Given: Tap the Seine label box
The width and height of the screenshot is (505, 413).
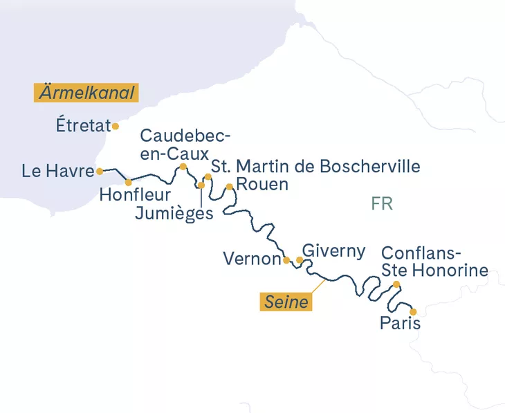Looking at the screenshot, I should (x=286, y=302).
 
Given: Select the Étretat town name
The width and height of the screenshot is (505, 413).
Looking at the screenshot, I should (x=83, y=126).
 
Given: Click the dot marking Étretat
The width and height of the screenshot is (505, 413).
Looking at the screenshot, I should (x=116, y=126).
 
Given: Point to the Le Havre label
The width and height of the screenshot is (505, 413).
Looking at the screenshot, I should (x=57, y=171).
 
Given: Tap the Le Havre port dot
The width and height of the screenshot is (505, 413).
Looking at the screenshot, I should (x=100, y=171).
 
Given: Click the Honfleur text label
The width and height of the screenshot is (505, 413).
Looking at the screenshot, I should (x=134, y=195).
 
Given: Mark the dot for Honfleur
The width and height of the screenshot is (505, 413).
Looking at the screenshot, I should (x=128, y=183).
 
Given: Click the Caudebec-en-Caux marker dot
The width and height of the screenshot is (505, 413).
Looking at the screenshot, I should (x=183, y=166).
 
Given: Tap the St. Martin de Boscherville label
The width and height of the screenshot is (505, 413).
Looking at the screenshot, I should (x=315, y=167).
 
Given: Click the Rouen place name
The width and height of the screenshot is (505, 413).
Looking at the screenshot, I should (x=262, y=185).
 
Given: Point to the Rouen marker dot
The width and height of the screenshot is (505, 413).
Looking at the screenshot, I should (x=229, y=186).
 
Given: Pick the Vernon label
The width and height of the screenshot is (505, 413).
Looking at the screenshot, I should (x=252, y=259).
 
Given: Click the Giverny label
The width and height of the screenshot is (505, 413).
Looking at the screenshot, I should (x=334, y=250).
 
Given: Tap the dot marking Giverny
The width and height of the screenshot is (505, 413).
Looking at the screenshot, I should (x=299, y=260).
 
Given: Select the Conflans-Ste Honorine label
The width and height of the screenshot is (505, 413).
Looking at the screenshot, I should (x=434, y=261).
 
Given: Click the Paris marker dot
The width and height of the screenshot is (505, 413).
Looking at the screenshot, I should (x=413, y=311).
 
